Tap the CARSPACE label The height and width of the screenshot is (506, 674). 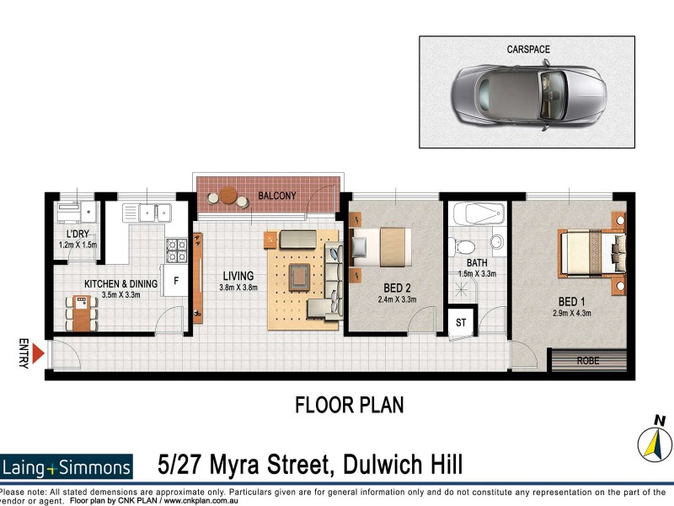pos(527,50)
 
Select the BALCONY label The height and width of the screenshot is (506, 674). pos(277,196)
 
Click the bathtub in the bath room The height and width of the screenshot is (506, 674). pos(477,215)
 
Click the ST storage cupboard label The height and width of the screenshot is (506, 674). pos(461,322)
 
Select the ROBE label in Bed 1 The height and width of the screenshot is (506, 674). pos(588,359)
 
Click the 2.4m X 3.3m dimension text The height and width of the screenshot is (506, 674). pos(398,299)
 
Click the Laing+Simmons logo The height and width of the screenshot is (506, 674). pos(67,466)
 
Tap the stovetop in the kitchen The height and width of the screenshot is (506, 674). pos(177,250)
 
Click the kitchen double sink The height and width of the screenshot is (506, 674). pos(153,212)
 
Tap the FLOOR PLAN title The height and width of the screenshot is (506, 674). pos(349,405)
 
